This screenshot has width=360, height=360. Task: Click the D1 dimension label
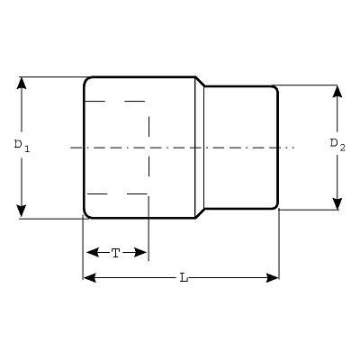pos(22,146)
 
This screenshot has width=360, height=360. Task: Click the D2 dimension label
pos(337,145)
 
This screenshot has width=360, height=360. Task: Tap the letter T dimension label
pos(116,253)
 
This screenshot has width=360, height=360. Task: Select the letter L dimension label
pos(184,278)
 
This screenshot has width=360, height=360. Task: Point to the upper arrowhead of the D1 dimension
pos(22,83)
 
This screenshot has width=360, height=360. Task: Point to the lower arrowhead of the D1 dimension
pos(22,211)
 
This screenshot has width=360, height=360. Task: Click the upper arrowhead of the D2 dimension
pos(337,91)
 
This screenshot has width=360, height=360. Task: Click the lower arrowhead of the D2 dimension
pos(337,203)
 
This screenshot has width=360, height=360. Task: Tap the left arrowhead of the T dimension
pos(93,252)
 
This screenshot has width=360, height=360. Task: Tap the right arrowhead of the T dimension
pos(140,252)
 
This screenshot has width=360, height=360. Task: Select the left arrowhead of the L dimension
pos(90,278)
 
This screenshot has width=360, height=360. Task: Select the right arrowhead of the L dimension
pos(273,278)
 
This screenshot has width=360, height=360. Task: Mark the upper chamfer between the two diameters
pos(200,82)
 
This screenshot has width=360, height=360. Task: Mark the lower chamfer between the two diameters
pos(200,212)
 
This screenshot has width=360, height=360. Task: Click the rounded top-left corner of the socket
pos(86,80)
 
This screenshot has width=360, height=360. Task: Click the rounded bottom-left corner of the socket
pos(86,215)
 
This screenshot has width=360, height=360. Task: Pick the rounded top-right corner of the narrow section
pos(276,88)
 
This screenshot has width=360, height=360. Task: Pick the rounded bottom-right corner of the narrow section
pos(276,206)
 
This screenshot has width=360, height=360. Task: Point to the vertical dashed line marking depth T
pos(148,147)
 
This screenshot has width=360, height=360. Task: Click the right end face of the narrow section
pos(278,148)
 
